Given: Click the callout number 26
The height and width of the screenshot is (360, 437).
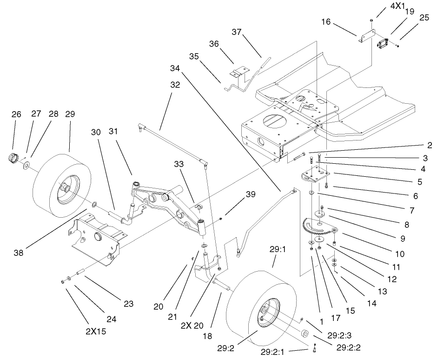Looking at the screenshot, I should point(16,114).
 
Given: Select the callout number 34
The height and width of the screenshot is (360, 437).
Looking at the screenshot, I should point(174,68).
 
